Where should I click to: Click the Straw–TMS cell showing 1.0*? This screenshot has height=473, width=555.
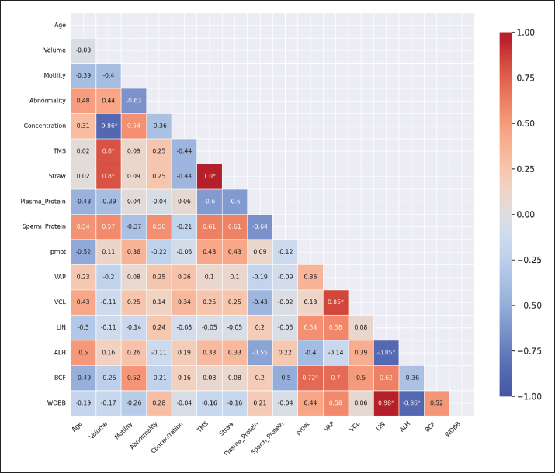[x=210, y=177]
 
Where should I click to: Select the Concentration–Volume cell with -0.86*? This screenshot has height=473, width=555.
[x=109, y=126]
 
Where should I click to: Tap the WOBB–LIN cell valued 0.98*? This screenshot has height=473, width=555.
[x=387, y=403]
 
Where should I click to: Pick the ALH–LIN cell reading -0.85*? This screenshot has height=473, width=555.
[x=387, y=353]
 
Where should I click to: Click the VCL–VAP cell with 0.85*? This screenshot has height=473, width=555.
[x=336, y=302]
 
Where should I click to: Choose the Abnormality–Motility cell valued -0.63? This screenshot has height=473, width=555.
[x=134, y=101]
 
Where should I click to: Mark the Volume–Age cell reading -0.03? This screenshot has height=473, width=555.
[x=84, y=50]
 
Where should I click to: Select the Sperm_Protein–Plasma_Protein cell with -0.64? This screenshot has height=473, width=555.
[x=260, y=227]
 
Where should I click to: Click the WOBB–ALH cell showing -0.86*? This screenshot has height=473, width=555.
[x=411, y=403]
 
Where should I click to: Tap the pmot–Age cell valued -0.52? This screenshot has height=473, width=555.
[x=84, y=252]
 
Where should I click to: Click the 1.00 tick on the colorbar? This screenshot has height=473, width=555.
[x=526, y=33]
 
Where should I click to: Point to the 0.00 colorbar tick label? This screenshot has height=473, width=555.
[x=526, y=214]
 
